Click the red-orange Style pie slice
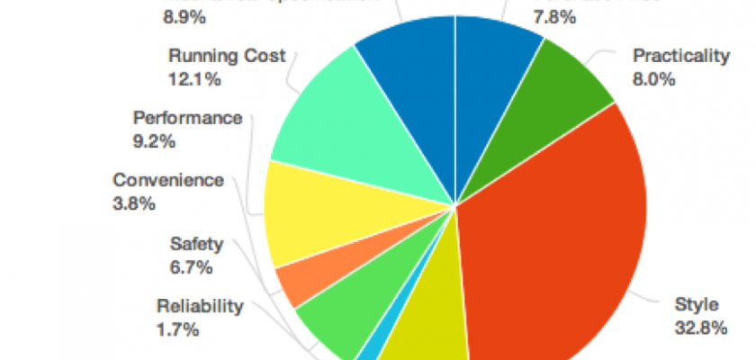click(x=558, y=252)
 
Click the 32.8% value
click(x=700, y=328)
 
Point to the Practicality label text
click(x=680, y=57)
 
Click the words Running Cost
click(x=227, y=57)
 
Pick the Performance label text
click(x=187, y=118)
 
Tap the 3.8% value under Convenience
click(x=135, y=203)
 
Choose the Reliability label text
click(x=200, y=306)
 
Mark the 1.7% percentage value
click(x=177, y=329)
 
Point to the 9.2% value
click(x=154, y=141)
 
